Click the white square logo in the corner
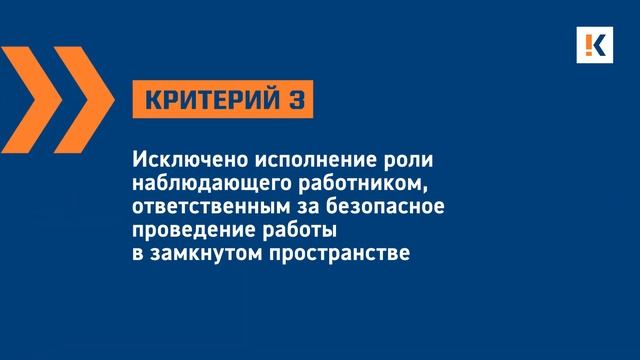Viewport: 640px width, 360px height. [598, 46]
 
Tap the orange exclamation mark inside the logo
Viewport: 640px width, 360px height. [592, 46]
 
